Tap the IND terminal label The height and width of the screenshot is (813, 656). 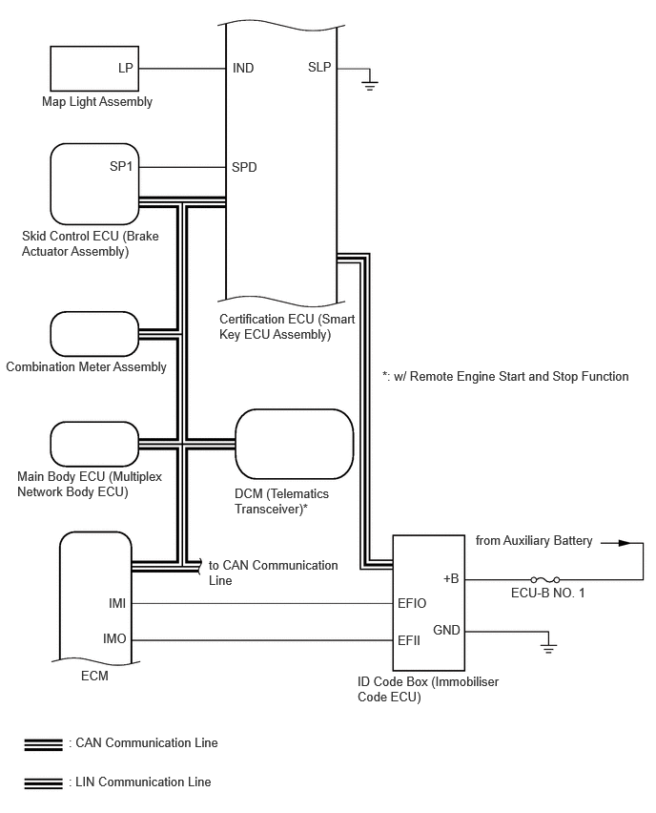click(x=243, y=68)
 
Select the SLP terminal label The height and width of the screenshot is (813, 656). click(x=319, y=67)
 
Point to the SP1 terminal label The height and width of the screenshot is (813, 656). click(x=121, y=166)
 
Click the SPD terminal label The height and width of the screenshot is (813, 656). click(x=244, y=167)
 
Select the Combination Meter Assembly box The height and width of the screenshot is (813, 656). click(x=94, y=334)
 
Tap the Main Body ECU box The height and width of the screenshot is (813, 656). click(x=94, y=445)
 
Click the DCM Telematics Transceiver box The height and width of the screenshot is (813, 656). click(x=295, y=444)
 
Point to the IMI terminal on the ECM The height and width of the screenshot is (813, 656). click(x=117, y=603)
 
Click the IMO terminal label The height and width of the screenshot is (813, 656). click(x=114, y=638)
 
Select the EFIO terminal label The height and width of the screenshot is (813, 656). click(x=412, y=603)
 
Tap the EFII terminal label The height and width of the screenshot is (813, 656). click(x=409, y=640)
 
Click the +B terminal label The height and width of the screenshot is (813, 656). click(x=451, y=578)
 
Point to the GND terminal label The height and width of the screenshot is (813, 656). click(x=446, y=630)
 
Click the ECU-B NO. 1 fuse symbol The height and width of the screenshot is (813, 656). click(x=545, y=579)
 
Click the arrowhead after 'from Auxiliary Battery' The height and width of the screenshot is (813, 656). click(x=625, y=543)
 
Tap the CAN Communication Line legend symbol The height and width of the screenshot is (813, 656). click(x=44, y=745)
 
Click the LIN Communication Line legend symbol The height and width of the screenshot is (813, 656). click(x=44, y=782)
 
